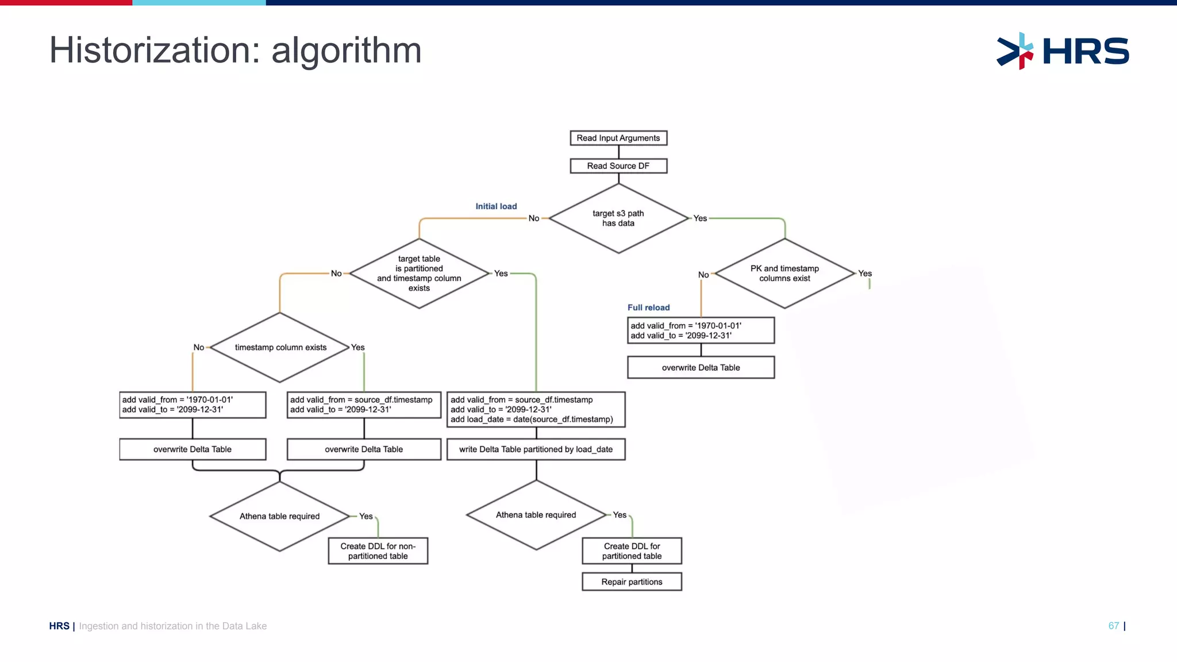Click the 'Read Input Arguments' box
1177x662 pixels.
click(x=618, y=138)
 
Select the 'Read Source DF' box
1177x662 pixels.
click(x=618, y=166)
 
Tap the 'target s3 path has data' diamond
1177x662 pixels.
click(x=618, y=218)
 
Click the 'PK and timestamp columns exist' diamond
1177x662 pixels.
click(x=784, y=274)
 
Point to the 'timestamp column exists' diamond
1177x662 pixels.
click(x=280, y=347)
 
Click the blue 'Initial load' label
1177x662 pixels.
click(x=496, y=206)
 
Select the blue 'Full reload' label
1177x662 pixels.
click(x=648, y=307)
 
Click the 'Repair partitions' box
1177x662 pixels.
click(x=632, y=582)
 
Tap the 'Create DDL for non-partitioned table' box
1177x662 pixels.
click(x=378, y=551)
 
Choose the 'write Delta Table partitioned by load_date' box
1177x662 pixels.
click(x=536, y=449)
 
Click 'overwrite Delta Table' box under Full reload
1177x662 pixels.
click(x=701, y=368)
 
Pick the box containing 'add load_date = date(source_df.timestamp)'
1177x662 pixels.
click(x=536, y=410)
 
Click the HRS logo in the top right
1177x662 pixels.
click(x=1063, y=51)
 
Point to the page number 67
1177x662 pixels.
click(x=1113, y=626)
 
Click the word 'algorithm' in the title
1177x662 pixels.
click(x=346, y=51)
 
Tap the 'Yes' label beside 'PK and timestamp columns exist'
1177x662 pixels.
click(x=864, y=274)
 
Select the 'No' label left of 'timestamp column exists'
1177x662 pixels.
click(x=198, y=347)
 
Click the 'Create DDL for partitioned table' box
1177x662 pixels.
click(x=632, y=551)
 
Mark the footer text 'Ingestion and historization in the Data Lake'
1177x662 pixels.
click(x=172, y=626)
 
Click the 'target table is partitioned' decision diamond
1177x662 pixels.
click(x=419, y=274)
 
